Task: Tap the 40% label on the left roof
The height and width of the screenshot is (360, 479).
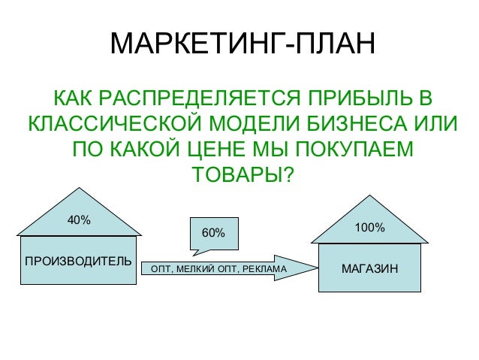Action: [79, 220]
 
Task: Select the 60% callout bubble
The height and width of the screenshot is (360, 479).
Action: [213, 233]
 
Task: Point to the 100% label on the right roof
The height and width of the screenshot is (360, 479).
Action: [369, 226]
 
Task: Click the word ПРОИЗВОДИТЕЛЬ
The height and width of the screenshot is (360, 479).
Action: [78, 262]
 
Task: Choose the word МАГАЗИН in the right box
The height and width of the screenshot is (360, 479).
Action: [369, 268]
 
